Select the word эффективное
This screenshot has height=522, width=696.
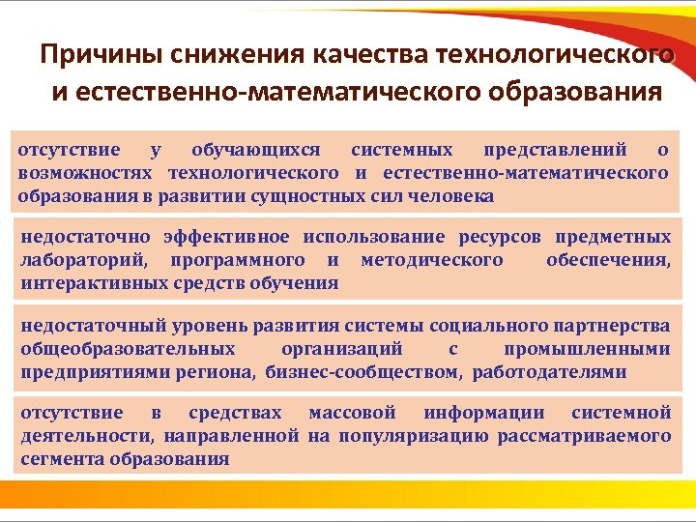[x=225, y=237]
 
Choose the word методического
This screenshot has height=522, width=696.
[x=431, y=260]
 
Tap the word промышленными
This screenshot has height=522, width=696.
[x=587, y=349]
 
